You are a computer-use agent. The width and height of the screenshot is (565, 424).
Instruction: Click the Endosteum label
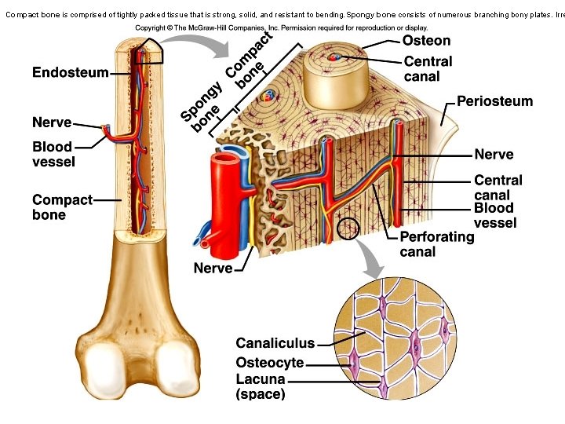tap(70, 72)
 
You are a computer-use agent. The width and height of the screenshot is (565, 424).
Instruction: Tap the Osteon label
tap(427, 40)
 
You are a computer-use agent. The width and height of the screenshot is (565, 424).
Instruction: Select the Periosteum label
tap(494, 101)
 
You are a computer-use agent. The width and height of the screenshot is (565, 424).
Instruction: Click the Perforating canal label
tap(437, 244)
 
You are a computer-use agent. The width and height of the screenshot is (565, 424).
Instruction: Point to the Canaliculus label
tap(275, 343)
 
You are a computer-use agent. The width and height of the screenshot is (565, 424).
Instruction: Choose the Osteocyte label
tap(270, 363)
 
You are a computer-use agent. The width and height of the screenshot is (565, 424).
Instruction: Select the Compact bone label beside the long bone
tap(62, 207)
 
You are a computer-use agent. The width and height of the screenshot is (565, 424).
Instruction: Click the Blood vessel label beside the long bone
tap(53, 154)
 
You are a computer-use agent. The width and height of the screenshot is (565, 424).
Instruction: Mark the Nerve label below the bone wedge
tap(213, 269)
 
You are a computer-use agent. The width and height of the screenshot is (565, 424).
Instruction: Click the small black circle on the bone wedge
tap(348, 229)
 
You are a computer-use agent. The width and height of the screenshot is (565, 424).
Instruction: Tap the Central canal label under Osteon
tap(428, 68)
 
